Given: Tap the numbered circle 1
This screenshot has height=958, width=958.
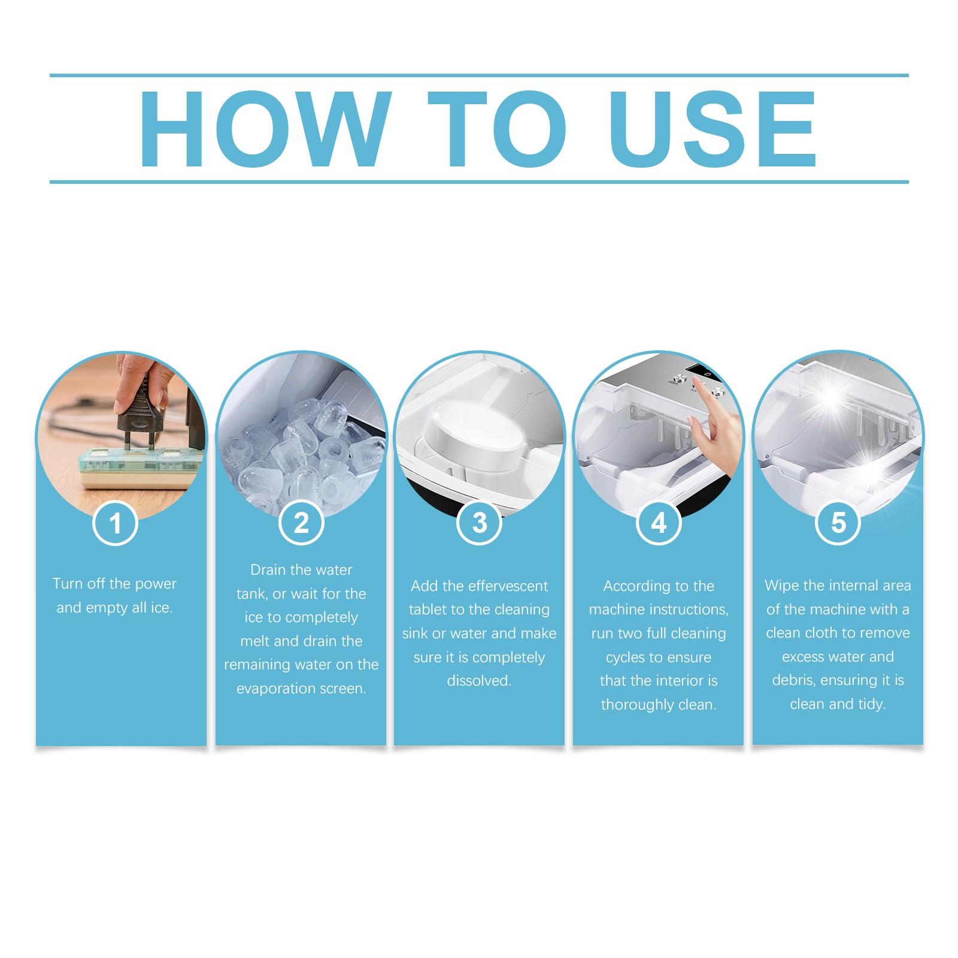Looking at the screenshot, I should click(116, 524).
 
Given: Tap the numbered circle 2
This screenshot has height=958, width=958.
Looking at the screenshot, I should click(301, 523).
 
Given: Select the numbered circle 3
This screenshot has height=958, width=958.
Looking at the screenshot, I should click(479, 523).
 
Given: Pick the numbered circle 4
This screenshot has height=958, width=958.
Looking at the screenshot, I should click(658, 523).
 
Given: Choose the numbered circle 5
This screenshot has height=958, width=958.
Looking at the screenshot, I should click(838, 523).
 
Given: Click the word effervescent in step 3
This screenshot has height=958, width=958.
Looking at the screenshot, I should click(508, 586).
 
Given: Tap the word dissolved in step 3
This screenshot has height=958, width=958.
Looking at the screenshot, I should click(478, 681).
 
